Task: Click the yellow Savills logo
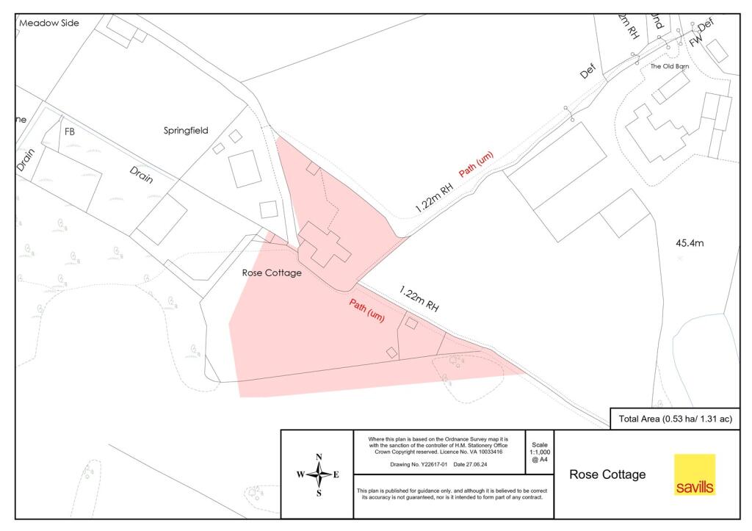[x=695, y=474]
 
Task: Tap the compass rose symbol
[x=319, y=474]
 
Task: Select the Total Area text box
[x=675, y=419]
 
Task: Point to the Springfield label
[x=186, y=131]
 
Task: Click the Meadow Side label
[x=48, y=23]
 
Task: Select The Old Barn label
[x=670, y=67]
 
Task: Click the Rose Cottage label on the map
[x=272, y=272]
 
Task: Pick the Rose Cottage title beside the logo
[x=607, y=474]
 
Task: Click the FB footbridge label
[x=70, y=132]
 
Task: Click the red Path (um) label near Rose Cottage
[x=366, y=311]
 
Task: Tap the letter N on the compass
[x=319, y=456]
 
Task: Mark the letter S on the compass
[x=319, y=494]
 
